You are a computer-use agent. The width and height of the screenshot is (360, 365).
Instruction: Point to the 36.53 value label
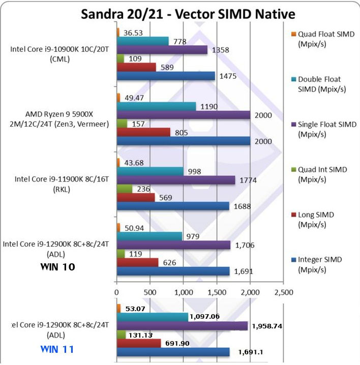tap(131, 32)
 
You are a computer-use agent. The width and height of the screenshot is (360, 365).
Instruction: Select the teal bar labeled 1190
tap(156, 106)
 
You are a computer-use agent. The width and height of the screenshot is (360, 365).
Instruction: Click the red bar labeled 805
tap(143, 132)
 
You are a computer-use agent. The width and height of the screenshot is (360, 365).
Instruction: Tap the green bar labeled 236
tap(124, 189)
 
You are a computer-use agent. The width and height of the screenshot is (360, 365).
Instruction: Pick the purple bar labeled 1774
tap(176, 180)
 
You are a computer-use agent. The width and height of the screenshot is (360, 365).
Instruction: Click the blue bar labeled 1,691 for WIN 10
tap(173, 271)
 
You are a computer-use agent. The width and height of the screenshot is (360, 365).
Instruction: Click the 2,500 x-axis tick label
tap(283, 293)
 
